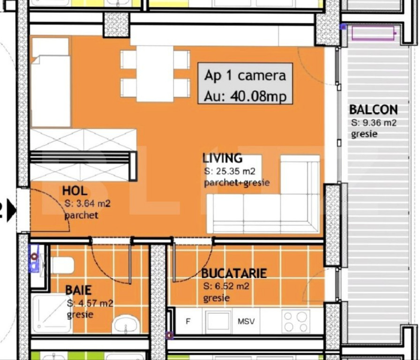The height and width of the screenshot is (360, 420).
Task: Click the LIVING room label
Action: pos(222,158)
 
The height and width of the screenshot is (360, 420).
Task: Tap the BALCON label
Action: pos(373,110)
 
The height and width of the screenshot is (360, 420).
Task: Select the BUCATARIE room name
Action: pos(234,273)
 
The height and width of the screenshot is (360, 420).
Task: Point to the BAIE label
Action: pos(78,291)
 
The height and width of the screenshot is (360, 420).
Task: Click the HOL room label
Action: pos(75,191)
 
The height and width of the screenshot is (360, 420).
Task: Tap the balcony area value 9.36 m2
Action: pos(374,123)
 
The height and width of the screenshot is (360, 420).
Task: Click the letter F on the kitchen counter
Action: pos(188,322)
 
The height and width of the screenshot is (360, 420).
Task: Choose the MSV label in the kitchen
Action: pos(246,322)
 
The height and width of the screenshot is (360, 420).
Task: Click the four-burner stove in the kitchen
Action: pos(296,322)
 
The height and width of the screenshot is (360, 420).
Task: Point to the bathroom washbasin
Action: pos(125,324)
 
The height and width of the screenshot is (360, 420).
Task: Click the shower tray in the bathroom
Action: pos(51,313)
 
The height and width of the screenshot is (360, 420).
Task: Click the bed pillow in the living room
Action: pos(51,47)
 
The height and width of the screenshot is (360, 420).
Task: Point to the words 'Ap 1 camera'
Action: pos(245,75)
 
